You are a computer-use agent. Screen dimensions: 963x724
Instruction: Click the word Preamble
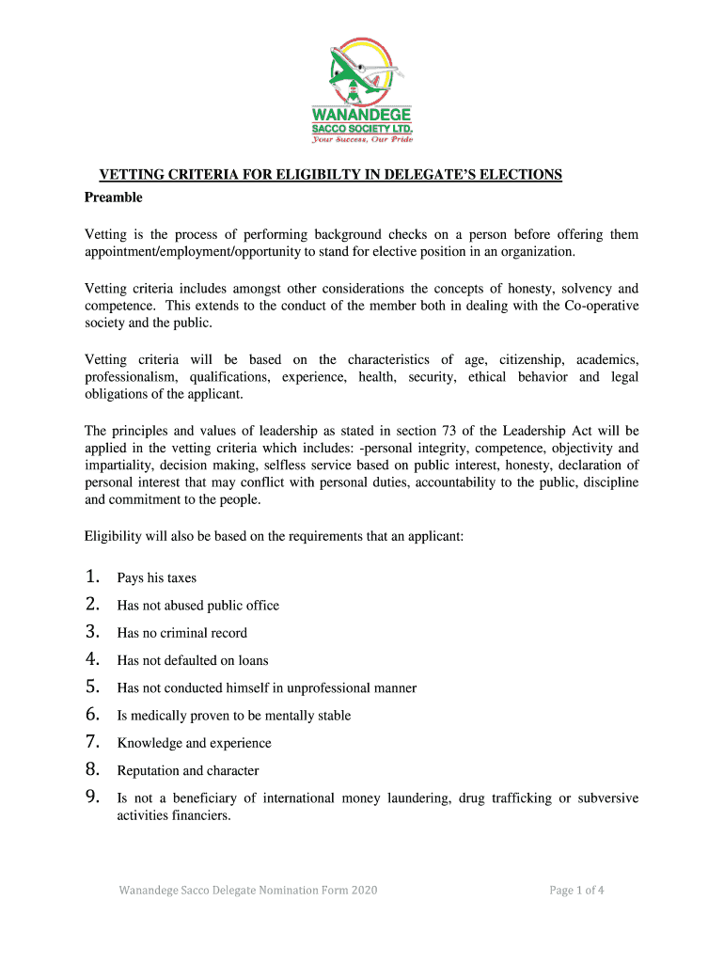[114, 197]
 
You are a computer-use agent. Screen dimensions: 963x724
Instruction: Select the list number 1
[92, 576]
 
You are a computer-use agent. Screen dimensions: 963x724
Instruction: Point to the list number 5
[92, 687]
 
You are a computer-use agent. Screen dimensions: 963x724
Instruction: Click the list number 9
[92, 797]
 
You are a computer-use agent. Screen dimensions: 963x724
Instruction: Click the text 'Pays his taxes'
[156, 578]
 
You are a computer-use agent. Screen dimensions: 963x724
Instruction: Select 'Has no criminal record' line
[181, 633]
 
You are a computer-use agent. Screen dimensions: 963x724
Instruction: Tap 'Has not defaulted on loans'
[193, 660]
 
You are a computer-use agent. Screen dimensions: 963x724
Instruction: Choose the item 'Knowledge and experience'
[194, 743]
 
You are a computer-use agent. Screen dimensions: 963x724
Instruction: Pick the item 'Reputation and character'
[187, 770]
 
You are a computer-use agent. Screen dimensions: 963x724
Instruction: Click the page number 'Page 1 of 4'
[576, 890]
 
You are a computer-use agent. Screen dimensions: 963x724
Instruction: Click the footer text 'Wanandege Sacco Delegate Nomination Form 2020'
[248, 890]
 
